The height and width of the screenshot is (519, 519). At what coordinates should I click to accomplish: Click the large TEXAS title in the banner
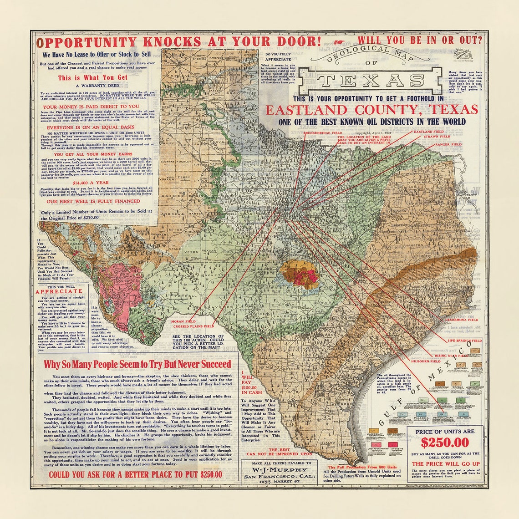coord(373,81)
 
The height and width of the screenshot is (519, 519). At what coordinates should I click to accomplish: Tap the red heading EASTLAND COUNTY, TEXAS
coord(371,110)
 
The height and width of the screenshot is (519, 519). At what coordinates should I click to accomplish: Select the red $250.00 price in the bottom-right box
coord(444,443)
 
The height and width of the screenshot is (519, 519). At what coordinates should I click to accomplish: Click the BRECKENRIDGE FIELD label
coord(323,132)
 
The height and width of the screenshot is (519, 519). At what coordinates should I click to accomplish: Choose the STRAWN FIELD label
coord(437,137)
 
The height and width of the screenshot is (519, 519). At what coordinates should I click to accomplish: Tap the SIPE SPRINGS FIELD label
coord(464,340)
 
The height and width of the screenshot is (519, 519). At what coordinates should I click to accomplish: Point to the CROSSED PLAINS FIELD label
coord(193,326)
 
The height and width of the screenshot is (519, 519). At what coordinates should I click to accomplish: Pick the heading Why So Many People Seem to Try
coord(137,365)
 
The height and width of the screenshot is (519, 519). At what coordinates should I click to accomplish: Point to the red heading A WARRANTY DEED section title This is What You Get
coord(93,78)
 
